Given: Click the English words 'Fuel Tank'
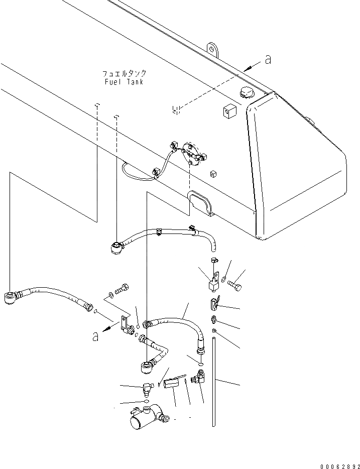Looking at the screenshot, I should click(124, 82).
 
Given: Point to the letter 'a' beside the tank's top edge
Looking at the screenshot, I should click(268, 60).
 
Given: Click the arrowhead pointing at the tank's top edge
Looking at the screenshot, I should click(248, 68).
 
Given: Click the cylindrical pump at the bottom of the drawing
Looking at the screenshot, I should click(145, 417).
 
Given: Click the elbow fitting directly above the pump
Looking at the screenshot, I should click(146, 388).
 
